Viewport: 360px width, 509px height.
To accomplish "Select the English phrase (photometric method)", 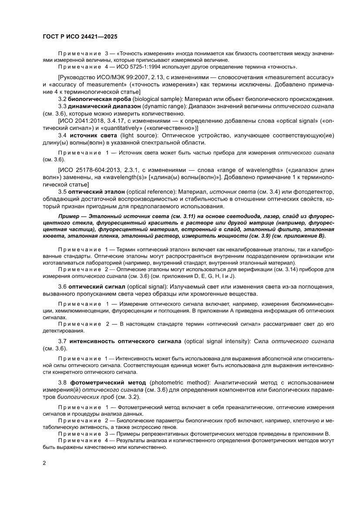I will tap(173, 382).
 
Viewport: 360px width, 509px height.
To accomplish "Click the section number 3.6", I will tap(64, 286).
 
